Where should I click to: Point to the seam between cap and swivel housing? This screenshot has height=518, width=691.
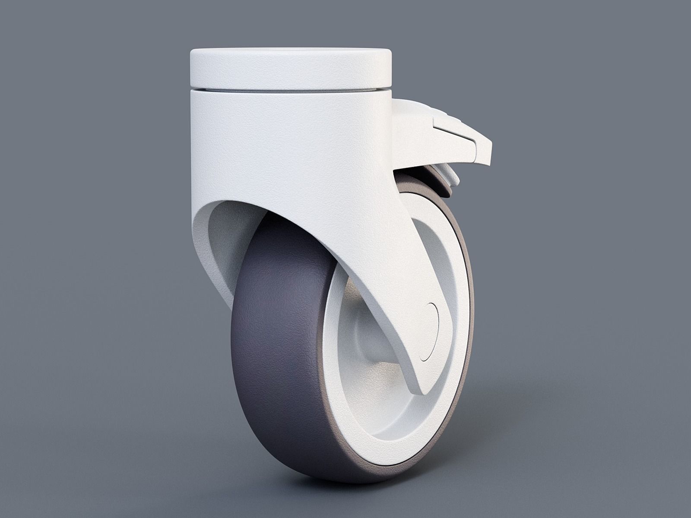point(290,89)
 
